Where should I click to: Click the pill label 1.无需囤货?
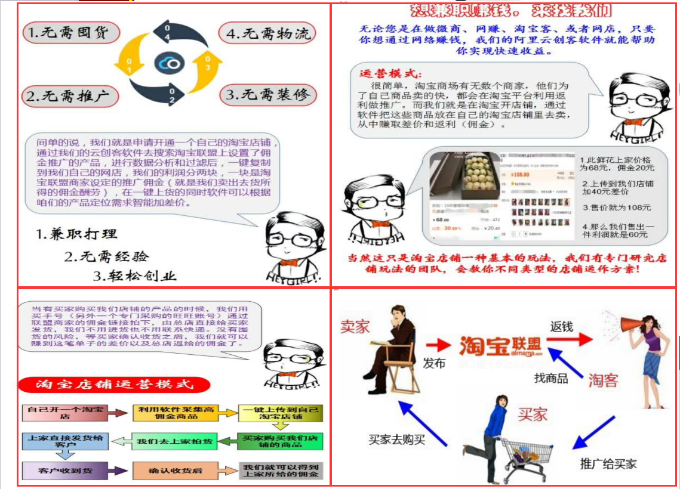(x=71, y=32)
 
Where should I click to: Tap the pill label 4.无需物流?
(x=268, y=33)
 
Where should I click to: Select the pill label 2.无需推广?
(x=71, y=95)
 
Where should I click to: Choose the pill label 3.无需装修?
(x=269, y=95)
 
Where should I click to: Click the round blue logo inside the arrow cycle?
(x=169, y=63)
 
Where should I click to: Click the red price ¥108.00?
(x=521, y=175)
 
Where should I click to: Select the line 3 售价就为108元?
(x=617, y=208)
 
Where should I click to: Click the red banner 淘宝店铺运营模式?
(x=115, y=385)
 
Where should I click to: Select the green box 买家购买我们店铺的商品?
(x=279, y=441)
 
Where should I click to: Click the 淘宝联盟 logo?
(x=500, y=346)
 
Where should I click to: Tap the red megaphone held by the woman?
(x=632, y=325)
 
